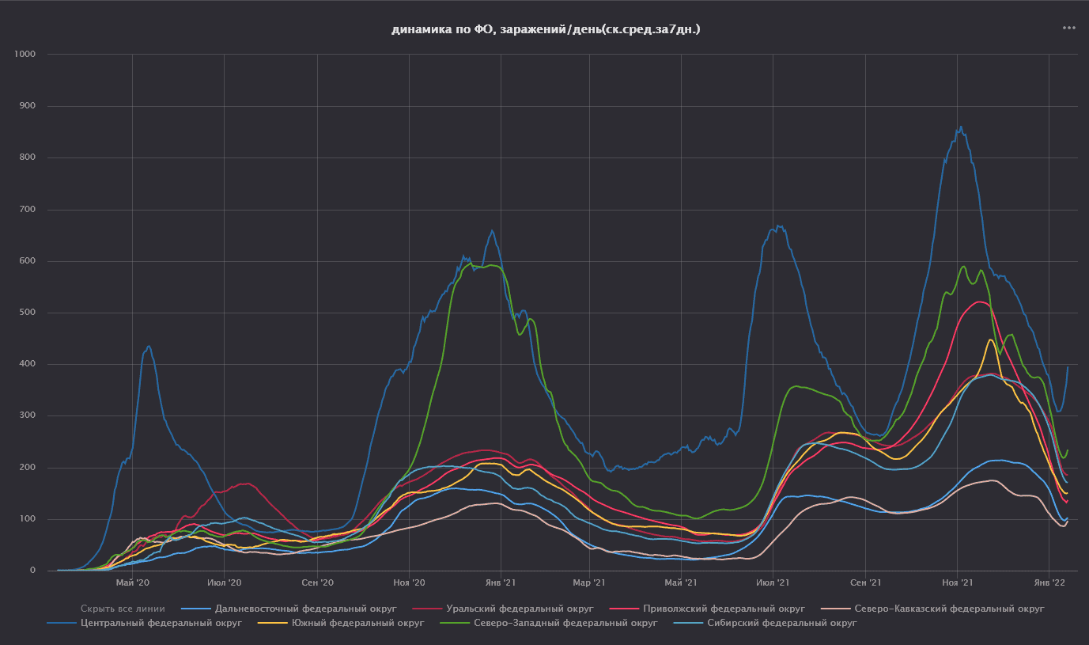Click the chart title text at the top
[x=546, y=30]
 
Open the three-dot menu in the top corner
[x=1069, y=28]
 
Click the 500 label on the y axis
[x=28, y=313]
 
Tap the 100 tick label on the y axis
[x=28, y=519]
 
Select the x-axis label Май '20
[x=132, y=583]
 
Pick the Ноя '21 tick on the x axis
[x=957, y=583]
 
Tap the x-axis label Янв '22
[x=1049, y=583]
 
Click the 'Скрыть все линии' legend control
[x=123, y=609]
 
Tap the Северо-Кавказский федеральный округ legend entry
[x=949, y=609]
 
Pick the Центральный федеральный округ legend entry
[x=161, y=623]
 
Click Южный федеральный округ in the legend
[x=357, y=623]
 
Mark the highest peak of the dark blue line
[x=960, y=127]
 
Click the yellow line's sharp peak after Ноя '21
[x=990, y=340]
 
